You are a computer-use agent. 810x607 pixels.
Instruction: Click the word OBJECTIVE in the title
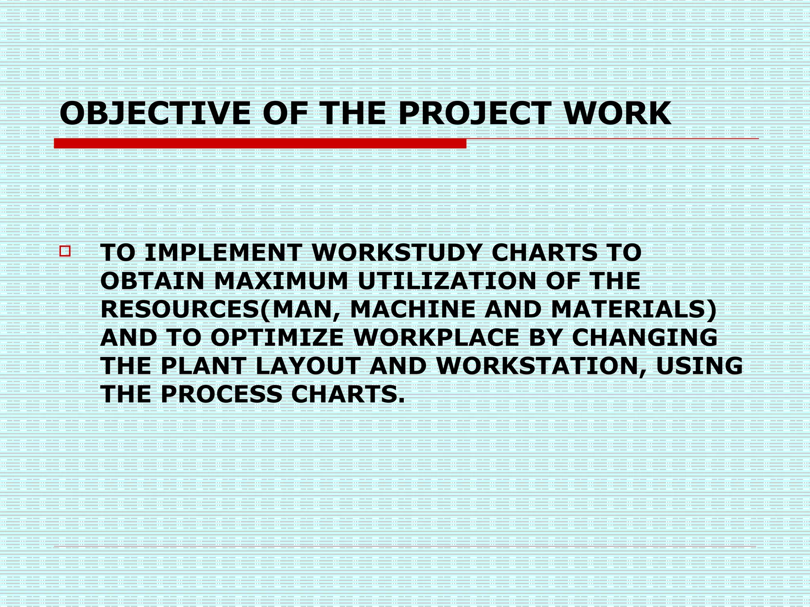155,114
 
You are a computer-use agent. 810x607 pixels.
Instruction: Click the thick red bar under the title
260,143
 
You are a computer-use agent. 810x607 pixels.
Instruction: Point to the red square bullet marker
65,251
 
